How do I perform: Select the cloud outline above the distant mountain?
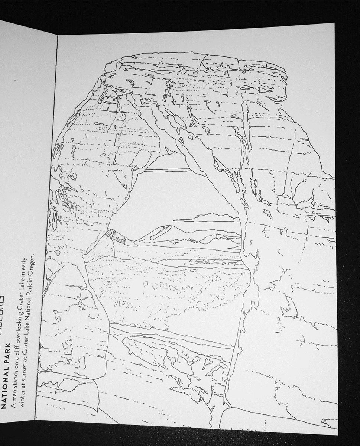coord(208,217)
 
